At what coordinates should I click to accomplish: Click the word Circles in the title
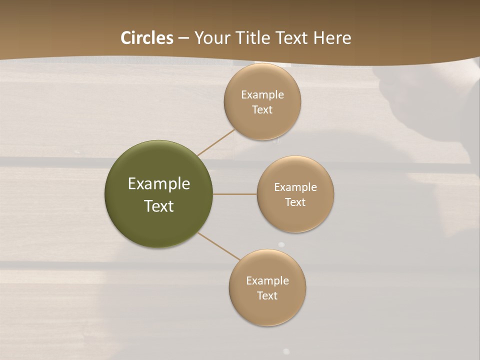click(x=147, y=38)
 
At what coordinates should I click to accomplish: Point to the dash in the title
click(x=183, y=38)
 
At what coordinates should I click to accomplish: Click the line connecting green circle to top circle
click(x=216, y=142)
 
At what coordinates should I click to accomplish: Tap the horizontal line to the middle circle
click(x=234, y=194)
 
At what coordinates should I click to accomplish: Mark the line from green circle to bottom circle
click(x=218, y=246)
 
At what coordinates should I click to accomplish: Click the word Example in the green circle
click(x=159, y=184)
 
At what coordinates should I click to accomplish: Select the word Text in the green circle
click(x=159, y=206)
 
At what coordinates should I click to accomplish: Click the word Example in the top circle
click(x=262, y=95)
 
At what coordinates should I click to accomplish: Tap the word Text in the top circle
click(x=262, y=110)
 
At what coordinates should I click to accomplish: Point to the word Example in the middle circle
click(x=295, y=187)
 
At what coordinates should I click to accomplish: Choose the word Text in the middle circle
click(x=295, y=202)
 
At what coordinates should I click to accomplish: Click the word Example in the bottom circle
click(x=267, y=281)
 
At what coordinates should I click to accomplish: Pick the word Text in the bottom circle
click(x=267, y=296)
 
